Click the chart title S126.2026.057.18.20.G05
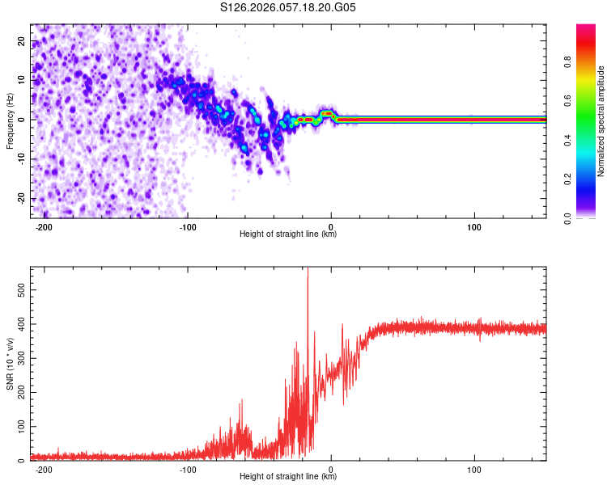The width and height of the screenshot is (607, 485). click(289, 7)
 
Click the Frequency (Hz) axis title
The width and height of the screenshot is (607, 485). click(10, 120)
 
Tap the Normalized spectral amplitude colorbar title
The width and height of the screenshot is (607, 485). click(601, 121)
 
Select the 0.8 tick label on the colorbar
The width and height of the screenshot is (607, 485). click(590, 61)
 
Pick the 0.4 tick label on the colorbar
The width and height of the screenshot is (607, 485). click(590, 139)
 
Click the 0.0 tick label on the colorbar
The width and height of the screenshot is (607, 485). click(590, 217)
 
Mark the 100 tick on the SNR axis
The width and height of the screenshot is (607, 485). click(19, 426)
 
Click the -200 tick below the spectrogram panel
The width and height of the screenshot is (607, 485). click(44, 226)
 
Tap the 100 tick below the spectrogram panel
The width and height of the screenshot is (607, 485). click(474, 226)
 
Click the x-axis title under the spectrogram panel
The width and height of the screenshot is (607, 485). click(288, 234)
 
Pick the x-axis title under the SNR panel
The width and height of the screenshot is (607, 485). click(288, 477)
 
